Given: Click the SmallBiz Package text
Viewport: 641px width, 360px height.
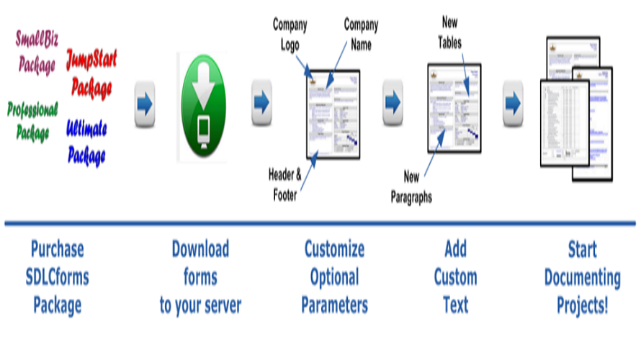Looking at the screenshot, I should pyautogui.click(x=36, y=52).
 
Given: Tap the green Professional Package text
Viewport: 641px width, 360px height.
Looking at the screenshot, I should pyautogui.click(x=32, y=121).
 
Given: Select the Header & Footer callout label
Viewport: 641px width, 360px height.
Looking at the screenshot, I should pyautogui.click(x=283, y=184).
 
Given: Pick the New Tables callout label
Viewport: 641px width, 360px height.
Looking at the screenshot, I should pyautogui.click(x=450, y=32).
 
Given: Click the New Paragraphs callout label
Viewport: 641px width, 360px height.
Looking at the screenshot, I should pyautogui.click(x=411, y=186).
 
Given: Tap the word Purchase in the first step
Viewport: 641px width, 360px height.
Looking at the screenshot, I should pyautogui.click(x=57, y=250).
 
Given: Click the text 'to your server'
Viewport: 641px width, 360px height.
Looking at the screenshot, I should pyautogui.click(x=200, y=305).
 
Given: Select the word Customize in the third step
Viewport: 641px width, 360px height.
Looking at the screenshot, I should pyautogui.click(x=334, y=250).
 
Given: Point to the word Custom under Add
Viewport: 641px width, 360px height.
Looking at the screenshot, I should pyautogui.click(x=455, y=277).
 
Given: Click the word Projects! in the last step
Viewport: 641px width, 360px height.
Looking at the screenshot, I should pyautogui.click(x=583, y=305).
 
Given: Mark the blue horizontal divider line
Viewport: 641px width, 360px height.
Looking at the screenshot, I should pyautogui.click(x=320, y=224).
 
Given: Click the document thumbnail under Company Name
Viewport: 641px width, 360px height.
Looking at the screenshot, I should pyautogui.click(x=333, y=114).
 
